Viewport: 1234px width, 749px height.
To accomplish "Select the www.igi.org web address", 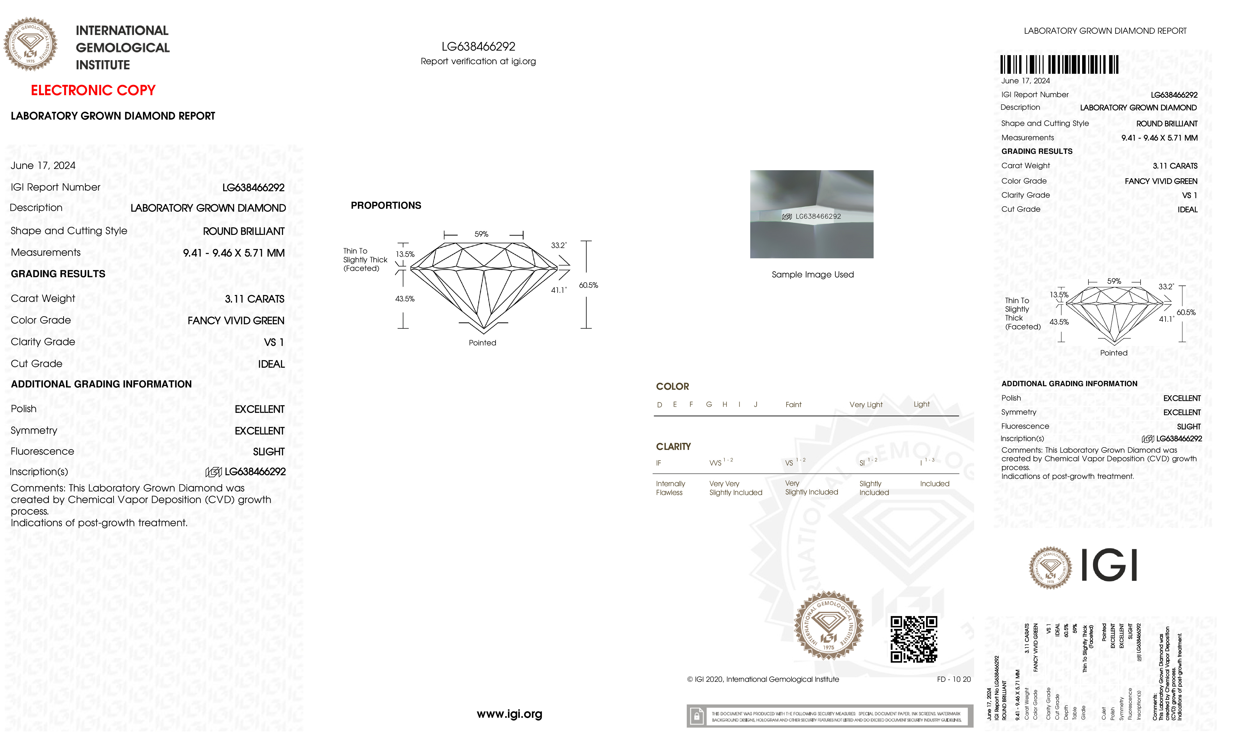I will pyautogui.click(x=509, y=714).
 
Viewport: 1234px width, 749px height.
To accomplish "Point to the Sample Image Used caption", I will pyautogui.click(x=812, y=274).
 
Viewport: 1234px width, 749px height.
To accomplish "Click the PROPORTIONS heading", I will pyautogui.click(x=386, y=205).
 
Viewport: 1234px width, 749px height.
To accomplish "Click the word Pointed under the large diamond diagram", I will pyautogui.click(x=482, y=343).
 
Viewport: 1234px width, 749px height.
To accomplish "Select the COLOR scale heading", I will pyautogui.click(x=672, y=386).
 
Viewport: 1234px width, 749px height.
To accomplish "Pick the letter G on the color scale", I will pyautogui.click(x=709, y=405).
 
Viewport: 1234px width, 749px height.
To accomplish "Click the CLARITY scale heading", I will pyautogui.click(x=673, y=447).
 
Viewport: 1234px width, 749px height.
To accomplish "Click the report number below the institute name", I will pyautogui.click(x=478, y=47).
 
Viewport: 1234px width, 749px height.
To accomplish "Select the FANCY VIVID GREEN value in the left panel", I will pyautogui.click(x=236, y=320).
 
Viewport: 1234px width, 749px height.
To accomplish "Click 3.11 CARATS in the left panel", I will pyautogui.click(x=254, y=299).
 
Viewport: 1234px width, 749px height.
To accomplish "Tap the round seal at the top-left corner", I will pyautogui.click(x=30, y=44).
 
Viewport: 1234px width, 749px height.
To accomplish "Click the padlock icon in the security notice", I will pyautogui.click(x=696, y=717).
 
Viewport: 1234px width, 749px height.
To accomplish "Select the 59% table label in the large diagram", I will pyautogui.click(x=481, y=234).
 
